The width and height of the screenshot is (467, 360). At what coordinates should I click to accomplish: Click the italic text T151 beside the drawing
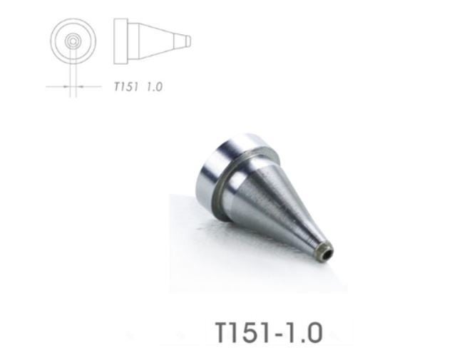tap(126, 87)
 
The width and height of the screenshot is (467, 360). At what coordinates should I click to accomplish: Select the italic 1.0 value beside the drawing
tap(155, 87)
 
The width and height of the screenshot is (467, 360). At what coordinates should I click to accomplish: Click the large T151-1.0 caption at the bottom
tap(268, 332)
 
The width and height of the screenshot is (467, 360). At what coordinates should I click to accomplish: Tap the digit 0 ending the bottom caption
tap(314, 332)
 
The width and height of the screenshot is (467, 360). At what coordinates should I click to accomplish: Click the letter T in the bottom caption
tap(223, 332)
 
